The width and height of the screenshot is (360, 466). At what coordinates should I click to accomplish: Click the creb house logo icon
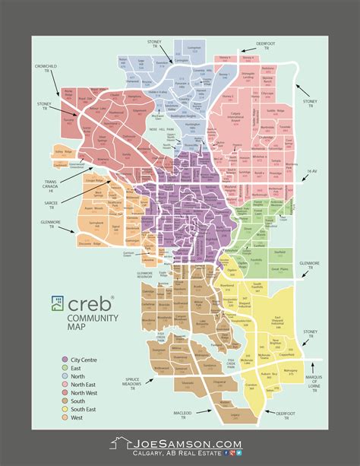(x=57, y=303)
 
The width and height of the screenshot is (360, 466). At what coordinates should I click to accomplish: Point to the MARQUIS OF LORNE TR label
(x=329, y=363)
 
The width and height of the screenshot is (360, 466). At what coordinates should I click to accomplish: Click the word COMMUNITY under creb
(x=84, y=319)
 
